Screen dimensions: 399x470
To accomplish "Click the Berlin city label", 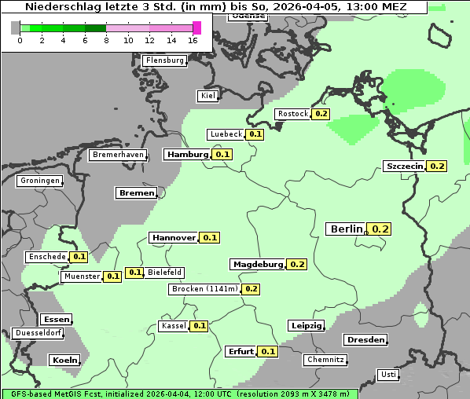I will [346, 229].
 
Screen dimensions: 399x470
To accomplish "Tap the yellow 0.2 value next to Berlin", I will [380, 229].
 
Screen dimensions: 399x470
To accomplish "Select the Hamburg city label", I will [187, 155].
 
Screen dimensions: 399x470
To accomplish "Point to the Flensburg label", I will [164, 60].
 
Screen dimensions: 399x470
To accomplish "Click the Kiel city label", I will [207, 96].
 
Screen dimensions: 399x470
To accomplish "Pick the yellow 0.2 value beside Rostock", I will [321, 114].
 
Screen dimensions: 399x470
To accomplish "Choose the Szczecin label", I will [404, 166].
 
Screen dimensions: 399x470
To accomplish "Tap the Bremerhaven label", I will [118, 156].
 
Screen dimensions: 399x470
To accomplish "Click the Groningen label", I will [39, 181].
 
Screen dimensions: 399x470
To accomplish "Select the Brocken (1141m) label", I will [204, 289].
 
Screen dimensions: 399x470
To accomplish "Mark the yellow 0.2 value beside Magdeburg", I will [297, 264].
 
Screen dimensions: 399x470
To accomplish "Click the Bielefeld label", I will [164, 273].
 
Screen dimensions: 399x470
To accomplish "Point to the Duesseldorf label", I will [38, 333].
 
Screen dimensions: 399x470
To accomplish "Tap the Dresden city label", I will [365, 340].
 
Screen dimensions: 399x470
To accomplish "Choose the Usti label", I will [387, 375].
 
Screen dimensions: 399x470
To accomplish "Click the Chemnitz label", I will [325, 360].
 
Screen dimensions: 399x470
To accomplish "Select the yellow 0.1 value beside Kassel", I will [199, 326].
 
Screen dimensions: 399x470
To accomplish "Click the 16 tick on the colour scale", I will [193, 40].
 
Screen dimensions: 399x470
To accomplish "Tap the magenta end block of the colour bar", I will [196, 27].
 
